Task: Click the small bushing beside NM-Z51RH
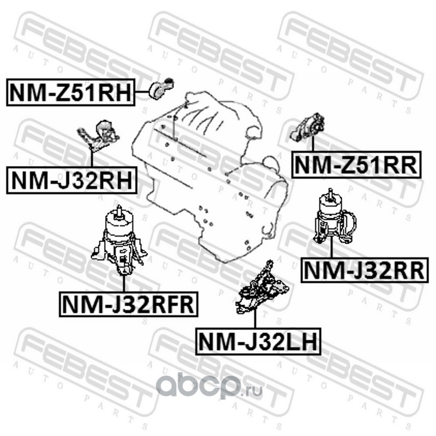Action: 162,87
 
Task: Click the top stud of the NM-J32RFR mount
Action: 118,210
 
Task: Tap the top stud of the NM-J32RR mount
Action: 331,194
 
